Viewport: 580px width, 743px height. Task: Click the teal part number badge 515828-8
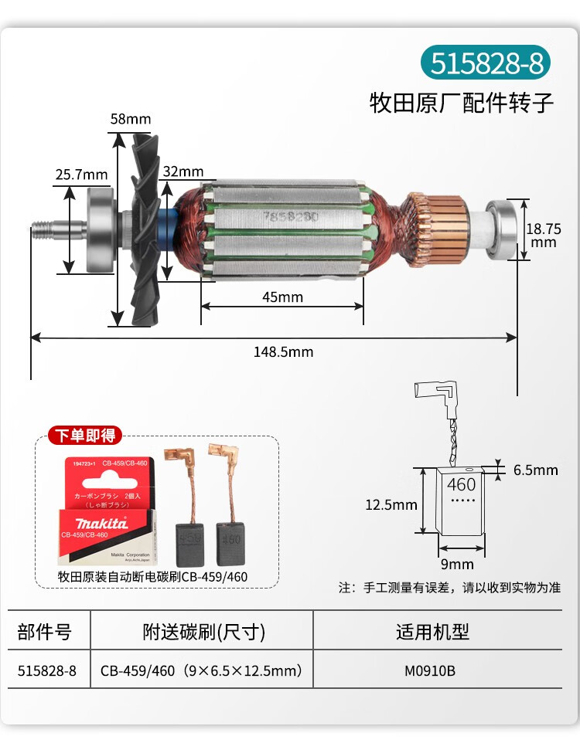tap(486, 63)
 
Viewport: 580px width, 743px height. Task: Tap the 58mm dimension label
tap(130, 119)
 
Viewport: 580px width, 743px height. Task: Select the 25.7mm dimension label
tap(81, 175)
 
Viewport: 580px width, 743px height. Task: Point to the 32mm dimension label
tap(183, 171)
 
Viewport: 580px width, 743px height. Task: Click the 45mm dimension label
tap(283, 297)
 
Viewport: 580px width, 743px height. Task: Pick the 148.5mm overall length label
tap(283, 351)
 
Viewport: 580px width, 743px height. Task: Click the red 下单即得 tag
tap(85, 436)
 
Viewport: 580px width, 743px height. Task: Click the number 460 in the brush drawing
tap(461, 485)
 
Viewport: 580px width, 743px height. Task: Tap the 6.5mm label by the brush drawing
tap(536, 470)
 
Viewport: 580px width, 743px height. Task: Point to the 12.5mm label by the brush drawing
tap(391, 505)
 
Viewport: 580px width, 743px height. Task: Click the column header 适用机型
tap(432, 632)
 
